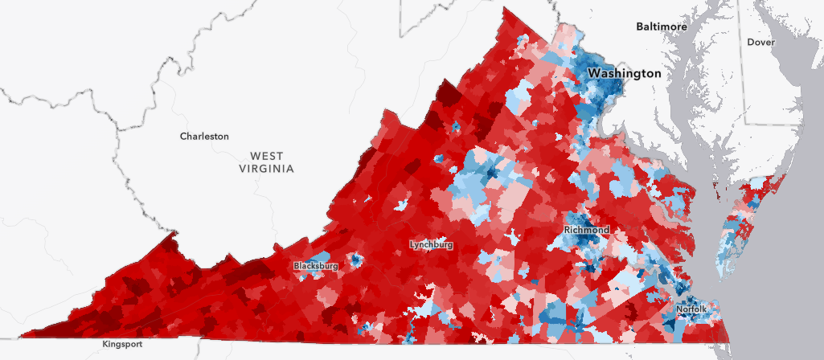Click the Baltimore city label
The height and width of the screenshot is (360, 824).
[662, 27]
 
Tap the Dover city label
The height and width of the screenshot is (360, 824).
[760, 42]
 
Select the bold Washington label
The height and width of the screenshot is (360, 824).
[625, 73]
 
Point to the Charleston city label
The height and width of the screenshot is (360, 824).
[204, 137]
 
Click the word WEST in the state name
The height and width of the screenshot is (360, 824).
[267, 155]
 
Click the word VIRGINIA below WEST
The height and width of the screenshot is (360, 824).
[267, 169]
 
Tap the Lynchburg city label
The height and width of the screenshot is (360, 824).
[431, 244]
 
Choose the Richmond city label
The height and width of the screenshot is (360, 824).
[586, 230]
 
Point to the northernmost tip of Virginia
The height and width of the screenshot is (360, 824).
[506, 10]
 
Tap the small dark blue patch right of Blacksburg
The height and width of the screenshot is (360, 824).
[354, 260]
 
